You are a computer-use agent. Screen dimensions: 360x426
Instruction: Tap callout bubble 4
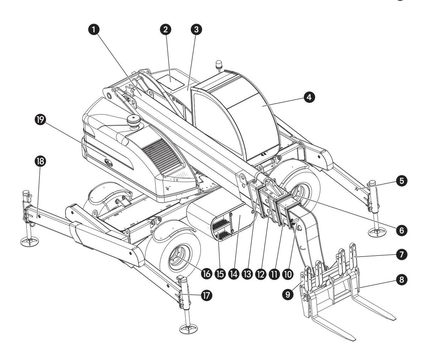(x=310, y=97)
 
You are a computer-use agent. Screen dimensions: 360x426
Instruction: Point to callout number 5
(x=402, y=181)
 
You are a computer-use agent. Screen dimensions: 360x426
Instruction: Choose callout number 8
(x=402, y=280)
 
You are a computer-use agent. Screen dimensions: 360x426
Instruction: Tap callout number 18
(x=40, y=161)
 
